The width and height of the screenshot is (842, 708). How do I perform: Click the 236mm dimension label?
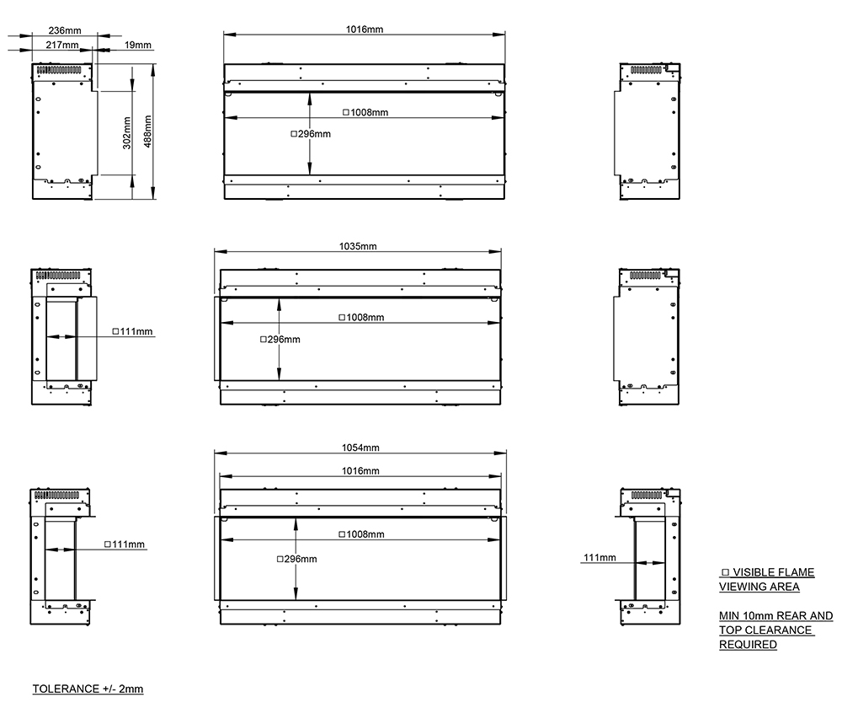point(65,30)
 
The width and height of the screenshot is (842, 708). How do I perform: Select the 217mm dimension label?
point(62,45)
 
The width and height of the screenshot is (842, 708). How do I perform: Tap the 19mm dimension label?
point(138,45)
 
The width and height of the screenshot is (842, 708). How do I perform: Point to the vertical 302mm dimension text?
point(127,133)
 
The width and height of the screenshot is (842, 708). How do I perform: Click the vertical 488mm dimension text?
point(147,131)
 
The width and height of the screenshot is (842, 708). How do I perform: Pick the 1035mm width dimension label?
point(358,246)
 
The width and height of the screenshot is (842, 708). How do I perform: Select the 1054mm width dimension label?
point(360,448)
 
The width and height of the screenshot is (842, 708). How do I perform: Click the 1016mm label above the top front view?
point(364,29)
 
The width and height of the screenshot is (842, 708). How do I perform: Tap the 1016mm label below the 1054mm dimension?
point(360,471)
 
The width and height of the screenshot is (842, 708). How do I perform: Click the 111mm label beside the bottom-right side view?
point(600,557)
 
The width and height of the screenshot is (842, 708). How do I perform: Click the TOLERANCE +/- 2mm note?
point(88,689)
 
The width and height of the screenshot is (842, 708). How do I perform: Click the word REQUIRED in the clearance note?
point(748,644)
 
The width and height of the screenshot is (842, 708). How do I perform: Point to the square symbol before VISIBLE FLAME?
point(726,572)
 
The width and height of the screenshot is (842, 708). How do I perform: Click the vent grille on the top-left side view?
point(58,70)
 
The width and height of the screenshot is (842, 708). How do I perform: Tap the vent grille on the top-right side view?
point(646,70)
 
